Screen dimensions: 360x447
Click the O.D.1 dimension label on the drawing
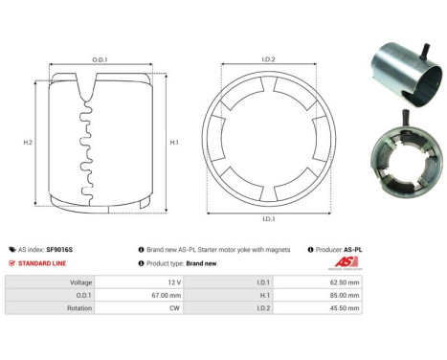[100, 59]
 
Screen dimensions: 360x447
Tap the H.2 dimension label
[27, 142]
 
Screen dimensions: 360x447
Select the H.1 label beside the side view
[174, 142]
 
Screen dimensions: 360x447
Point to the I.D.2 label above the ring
[268, 59]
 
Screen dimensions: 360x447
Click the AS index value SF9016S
[59, 249]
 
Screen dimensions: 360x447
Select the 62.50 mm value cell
[345, 283]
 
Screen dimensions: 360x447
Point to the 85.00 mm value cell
[345, 296]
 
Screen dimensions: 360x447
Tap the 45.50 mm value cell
[345, 308]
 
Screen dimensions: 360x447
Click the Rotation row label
[78, 308]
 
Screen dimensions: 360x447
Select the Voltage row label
[79, 283]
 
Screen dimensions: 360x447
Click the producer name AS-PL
[352, 249]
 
